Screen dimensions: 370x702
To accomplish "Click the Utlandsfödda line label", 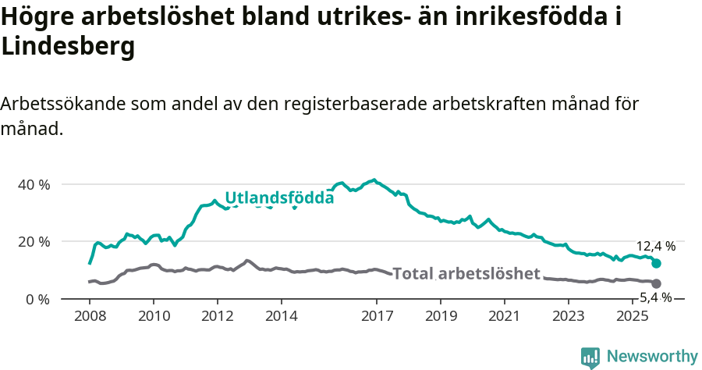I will tap(279, 198).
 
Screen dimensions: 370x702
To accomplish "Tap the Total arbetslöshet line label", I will tap(466, 274).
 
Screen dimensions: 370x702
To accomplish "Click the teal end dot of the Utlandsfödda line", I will tap(656, 264).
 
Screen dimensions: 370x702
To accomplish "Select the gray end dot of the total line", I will tap(656, 283).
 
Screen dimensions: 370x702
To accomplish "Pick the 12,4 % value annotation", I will tap(655, 246).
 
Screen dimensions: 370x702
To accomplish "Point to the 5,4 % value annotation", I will tap(655, 297).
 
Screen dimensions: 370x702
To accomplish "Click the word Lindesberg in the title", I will tap(69, 47).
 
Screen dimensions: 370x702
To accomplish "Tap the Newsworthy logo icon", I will tap(590, 358).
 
